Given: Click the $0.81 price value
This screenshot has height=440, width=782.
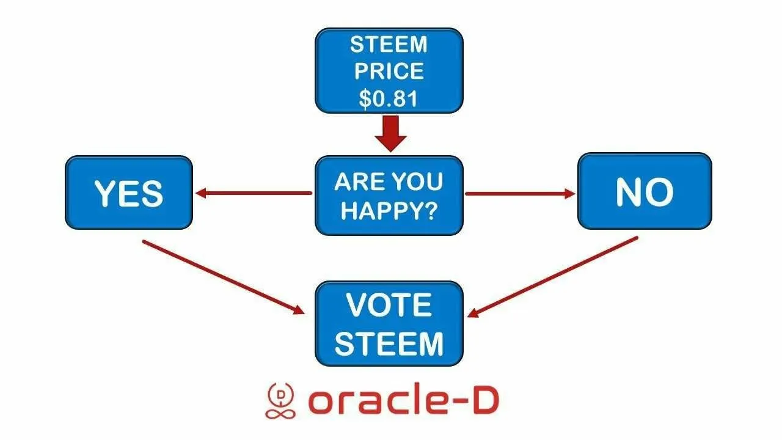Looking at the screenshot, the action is point(388,98).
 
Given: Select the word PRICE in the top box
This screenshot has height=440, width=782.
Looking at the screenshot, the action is point(389,71).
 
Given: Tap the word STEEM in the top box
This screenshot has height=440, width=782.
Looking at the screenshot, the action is point(389,45).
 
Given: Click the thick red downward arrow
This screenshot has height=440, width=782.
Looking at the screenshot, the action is point(390,133).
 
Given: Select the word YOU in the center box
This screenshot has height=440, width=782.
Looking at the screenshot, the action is point(417,182).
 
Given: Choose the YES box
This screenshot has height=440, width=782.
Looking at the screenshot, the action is point(129,193).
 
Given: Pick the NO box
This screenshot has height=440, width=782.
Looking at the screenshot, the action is point(645,191).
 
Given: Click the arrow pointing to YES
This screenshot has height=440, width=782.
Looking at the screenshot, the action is point(254,193).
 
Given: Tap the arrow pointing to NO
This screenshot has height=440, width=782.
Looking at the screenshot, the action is point(520,194).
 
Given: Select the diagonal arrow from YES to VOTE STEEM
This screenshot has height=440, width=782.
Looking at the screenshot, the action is point(224,277).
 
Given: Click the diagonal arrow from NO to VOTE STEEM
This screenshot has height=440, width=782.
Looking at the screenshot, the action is point(552,277).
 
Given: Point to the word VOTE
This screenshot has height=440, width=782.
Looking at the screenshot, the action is point(389,305).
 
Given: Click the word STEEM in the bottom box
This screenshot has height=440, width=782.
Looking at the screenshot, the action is point(389,343).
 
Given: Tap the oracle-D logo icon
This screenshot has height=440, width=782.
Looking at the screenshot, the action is point(280,400).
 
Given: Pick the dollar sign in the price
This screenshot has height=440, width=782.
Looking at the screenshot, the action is point(365,99).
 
